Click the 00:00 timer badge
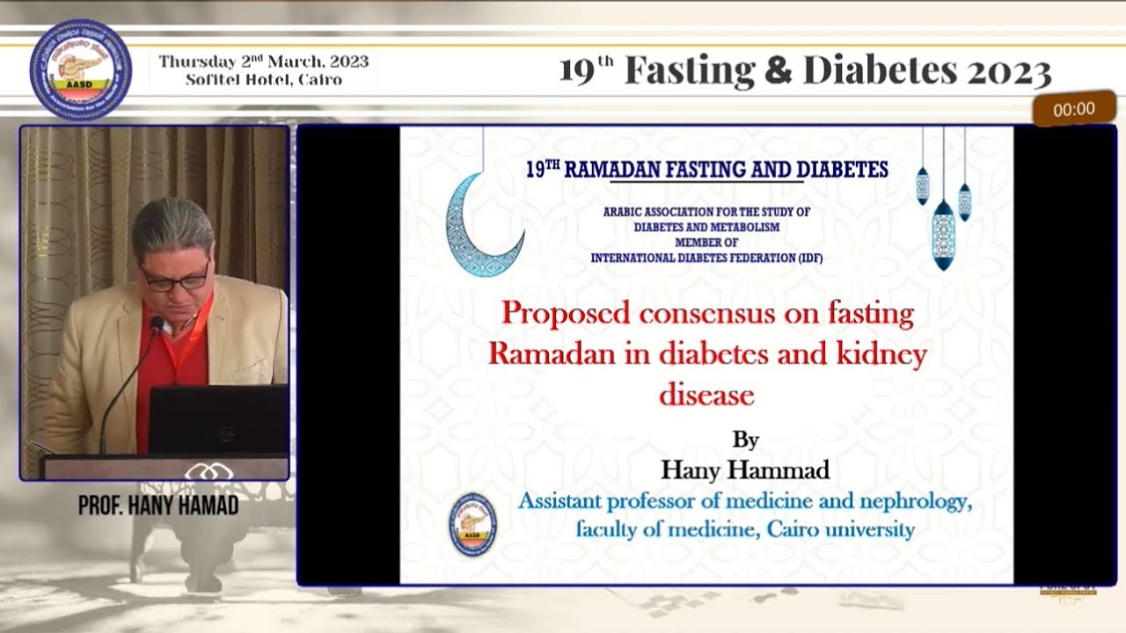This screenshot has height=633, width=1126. (1074, 109)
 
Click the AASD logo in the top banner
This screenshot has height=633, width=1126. (80, 70)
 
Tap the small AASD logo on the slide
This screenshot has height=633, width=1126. (472, 524)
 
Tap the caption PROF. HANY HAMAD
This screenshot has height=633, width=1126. (158, 506)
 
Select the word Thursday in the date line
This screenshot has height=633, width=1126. (197, 62)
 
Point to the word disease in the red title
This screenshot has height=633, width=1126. (707, 396)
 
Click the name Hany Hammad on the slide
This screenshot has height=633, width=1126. (745, 470)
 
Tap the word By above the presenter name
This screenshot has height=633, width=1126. (745, 440)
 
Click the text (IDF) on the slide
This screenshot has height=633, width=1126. (805, 258)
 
